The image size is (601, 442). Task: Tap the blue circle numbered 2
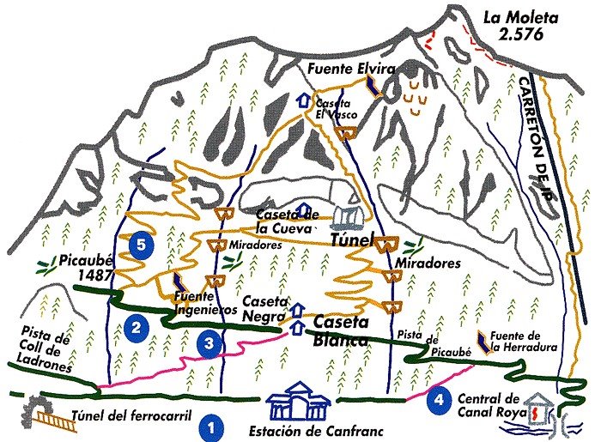pos(136,327)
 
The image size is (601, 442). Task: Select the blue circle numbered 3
pos(209,343)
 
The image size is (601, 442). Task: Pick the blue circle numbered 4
pos(439,399)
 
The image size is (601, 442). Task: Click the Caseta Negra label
pos(264,308)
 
